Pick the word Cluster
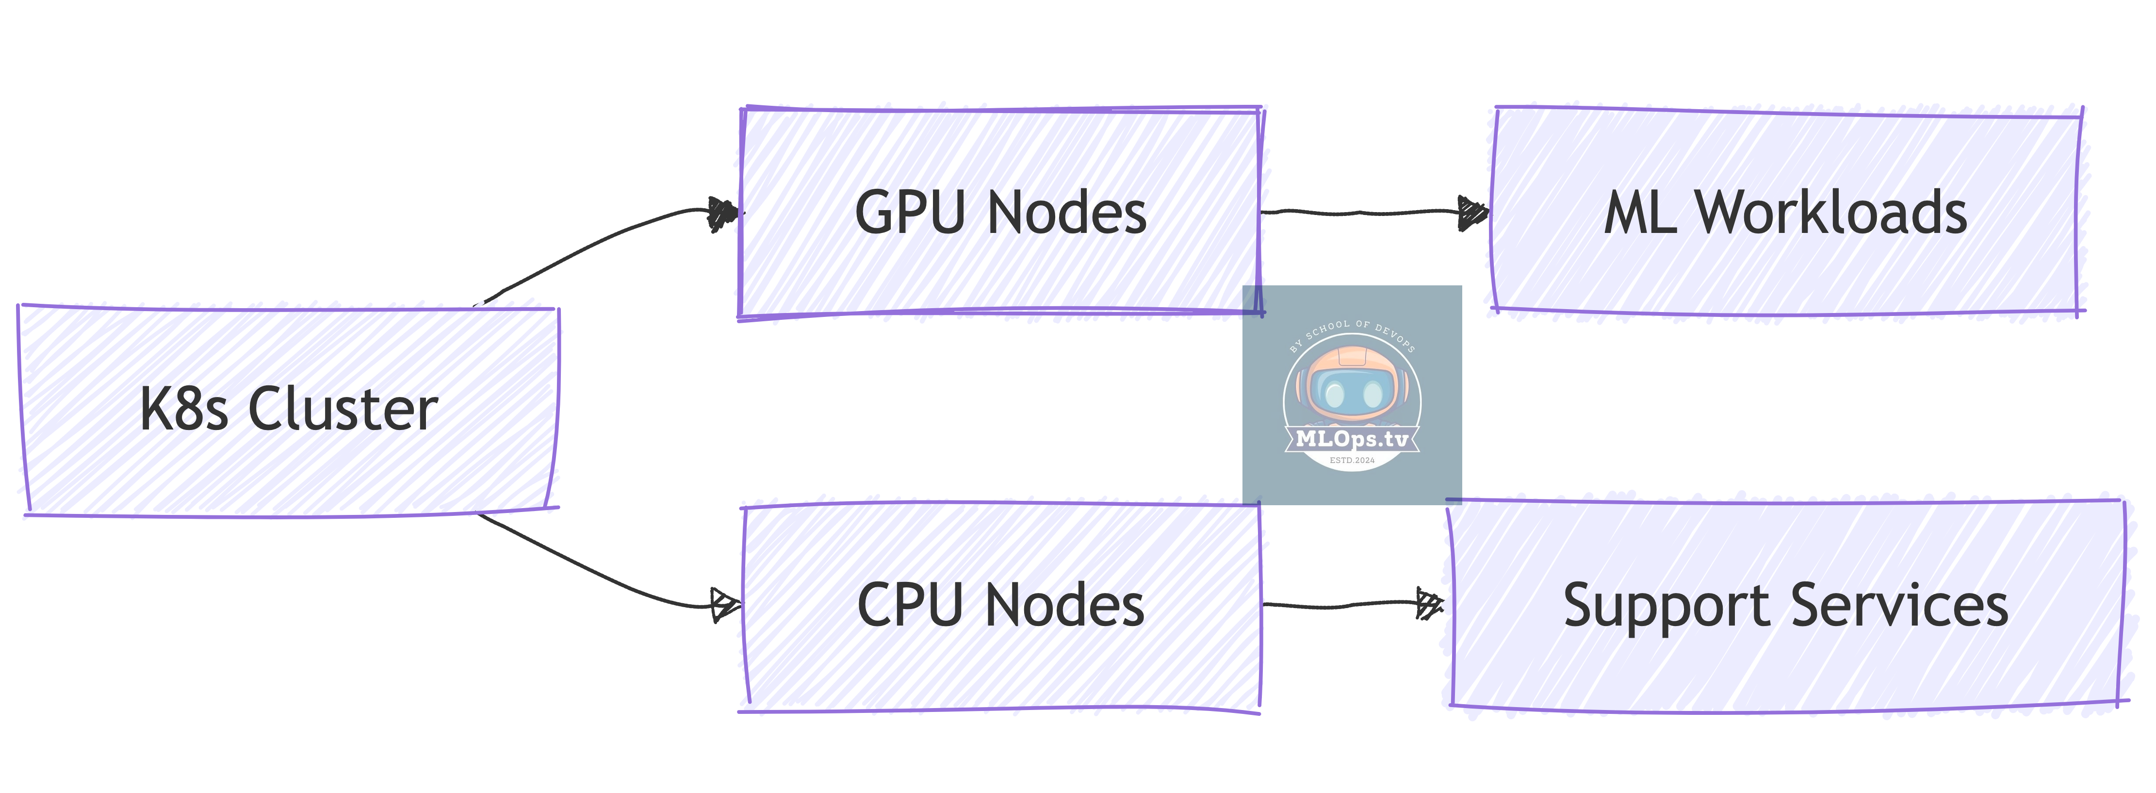point(343,410)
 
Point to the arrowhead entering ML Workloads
point(1471,212)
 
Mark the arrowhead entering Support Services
point(1429,603)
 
